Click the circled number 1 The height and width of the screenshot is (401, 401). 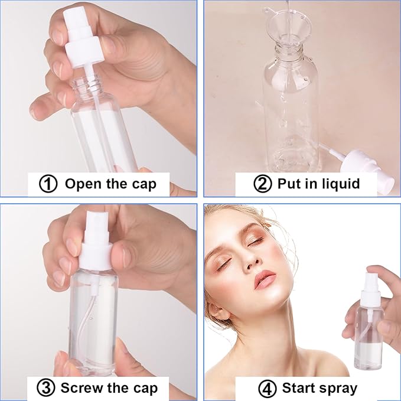(x=48, y=184)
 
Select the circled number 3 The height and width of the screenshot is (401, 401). (x=47, y=388)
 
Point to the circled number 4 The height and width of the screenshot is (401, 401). (x=268, y=388)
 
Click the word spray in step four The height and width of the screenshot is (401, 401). (x=337, y=388)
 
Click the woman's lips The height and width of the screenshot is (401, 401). (x=265, y=278)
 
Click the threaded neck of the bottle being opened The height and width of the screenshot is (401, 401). (x=88, y=89)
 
